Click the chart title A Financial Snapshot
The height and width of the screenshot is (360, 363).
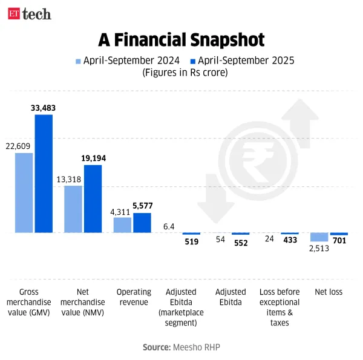point(181,40)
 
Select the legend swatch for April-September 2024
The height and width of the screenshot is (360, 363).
point(77,61)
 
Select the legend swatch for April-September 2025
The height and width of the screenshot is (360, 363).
point(193,61)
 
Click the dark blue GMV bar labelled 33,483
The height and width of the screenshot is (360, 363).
point(44,173)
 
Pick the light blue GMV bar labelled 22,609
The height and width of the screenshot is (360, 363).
point(24,192)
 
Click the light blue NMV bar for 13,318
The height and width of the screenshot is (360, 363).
point(73,209)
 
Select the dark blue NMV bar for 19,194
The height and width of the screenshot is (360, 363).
point(93,198)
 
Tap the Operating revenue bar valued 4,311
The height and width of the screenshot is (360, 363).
point(122,224)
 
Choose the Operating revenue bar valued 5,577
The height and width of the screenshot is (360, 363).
point(142,223)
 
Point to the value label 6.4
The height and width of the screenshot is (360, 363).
point(169,227)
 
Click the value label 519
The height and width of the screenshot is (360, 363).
point(191,242)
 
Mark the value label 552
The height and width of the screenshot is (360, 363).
point(241,242)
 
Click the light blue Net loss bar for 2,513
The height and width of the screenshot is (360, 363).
point(319,237)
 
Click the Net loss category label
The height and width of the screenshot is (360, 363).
point(329,292)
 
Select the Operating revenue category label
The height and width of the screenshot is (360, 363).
point(134,296)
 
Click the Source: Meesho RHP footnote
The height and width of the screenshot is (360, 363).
point(181,347)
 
